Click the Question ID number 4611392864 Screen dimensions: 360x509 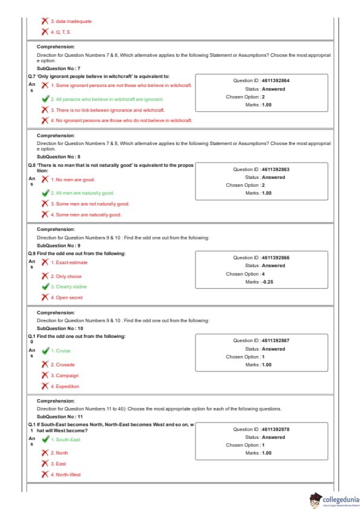tap(275, 80)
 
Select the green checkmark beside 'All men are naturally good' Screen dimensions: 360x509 tap(45, 193)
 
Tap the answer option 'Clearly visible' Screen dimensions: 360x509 tap(69, 287)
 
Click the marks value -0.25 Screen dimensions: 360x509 tap(267, 282)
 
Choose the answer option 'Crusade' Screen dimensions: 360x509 tap(63, 365)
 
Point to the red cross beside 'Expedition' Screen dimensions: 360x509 tap(45, 386)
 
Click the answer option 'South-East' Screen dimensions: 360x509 tap(65, 439)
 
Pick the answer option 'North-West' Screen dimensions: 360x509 tap(65, 475)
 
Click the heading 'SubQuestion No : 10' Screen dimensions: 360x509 tap(60, 328)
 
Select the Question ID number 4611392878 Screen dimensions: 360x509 tap(275, 429)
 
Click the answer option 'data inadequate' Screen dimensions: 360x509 tap(71, 21)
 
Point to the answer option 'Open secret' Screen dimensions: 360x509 tap(67, 297)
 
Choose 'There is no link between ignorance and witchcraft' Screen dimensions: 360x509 tap(108, 110)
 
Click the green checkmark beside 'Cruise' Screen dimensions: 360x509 tap(45, 351)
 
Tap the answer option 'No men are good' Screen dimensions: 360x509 tap(73, 180)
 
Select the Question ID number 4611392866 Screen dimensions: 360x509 tap(275, 258)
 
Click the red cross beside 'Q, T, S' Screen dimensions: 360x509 tap(45, 32)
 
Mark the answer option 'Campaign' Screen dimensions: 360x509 tap(65, 375)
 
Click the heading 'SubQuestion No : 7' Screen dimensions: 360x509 tap(59, 68)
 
